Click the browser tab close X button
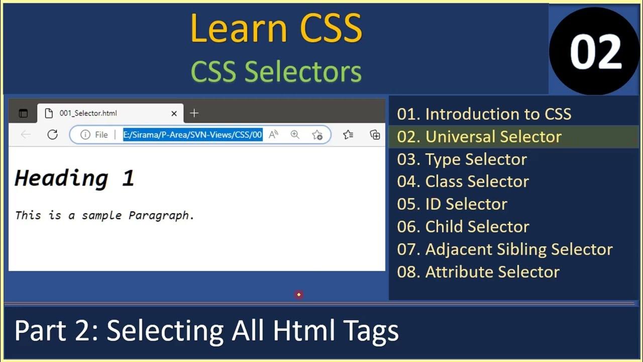(x=174, y=114)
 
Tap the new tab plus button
(x=194, y=114)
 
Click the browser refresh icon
(x=52, y=135)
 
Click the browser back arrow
(x=26, y=135)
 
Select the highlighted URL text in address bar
(x=193, y=135)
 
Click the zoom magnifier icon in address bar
(x=295, y=135)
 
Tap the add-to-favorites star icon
(x=317, y=135)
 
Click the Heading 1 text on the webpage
(x=74, y=178)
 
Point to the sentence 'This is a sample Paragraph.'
(x=104, y=216)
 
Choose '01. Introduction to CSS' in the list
(x=484, y=114)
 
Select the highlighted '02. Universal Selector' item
(x=479, y=137)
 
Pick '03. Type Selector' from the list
(x=462, y=159)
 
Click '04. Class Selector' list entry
(x=463, y=182)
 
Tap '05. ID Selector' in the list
(x=452, y=204)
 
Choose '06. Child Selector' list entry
(x=463, y=227)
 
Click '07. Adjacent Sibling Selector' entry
(x=504, y=249)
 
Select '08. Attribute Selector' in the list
(x=478, y=272)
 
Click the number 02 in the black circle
(x=595, y=52)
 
